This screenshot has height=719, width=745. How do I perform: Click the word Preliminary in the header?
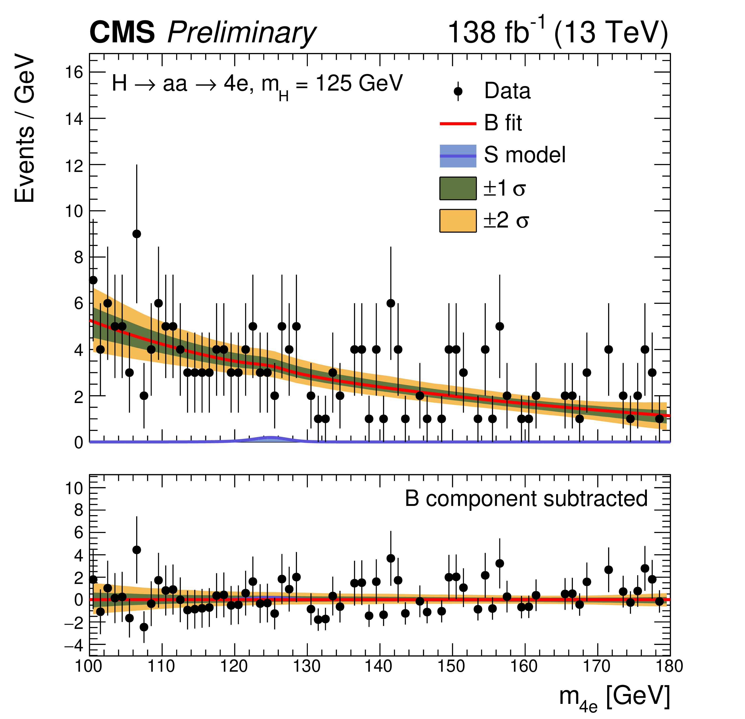tap(241, 33)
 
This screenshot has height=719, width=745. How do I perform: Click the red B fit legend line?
tap(458, 123)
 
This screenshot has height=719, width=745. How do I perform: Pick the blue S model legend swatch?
tap(458, 156)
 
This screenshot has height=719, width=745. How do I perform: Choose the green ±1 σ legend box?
tap(458, 188)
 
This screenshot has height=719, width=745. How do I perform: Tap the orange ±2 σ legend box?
tap(458, 220)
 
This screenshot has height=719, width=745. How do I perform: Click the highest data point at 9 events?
tap(137, 234)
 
